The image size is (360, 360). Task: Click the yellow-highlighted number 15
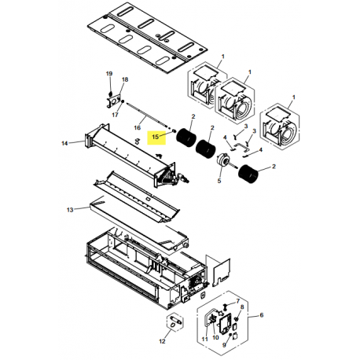[157, 135]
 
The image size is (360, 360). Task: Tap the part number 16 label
[138, 126]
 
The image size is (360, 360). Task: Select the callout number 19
[109, 73]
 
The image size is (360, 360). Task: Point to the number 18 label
[125, 80]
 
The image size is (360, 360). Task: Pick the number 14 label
[64, 143]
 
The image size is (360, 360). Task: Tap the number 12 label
[162, 342]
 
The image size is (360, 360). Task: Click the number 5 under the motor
[219, 181]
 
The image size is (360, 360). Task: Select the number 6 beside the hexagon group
[262, 315]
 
